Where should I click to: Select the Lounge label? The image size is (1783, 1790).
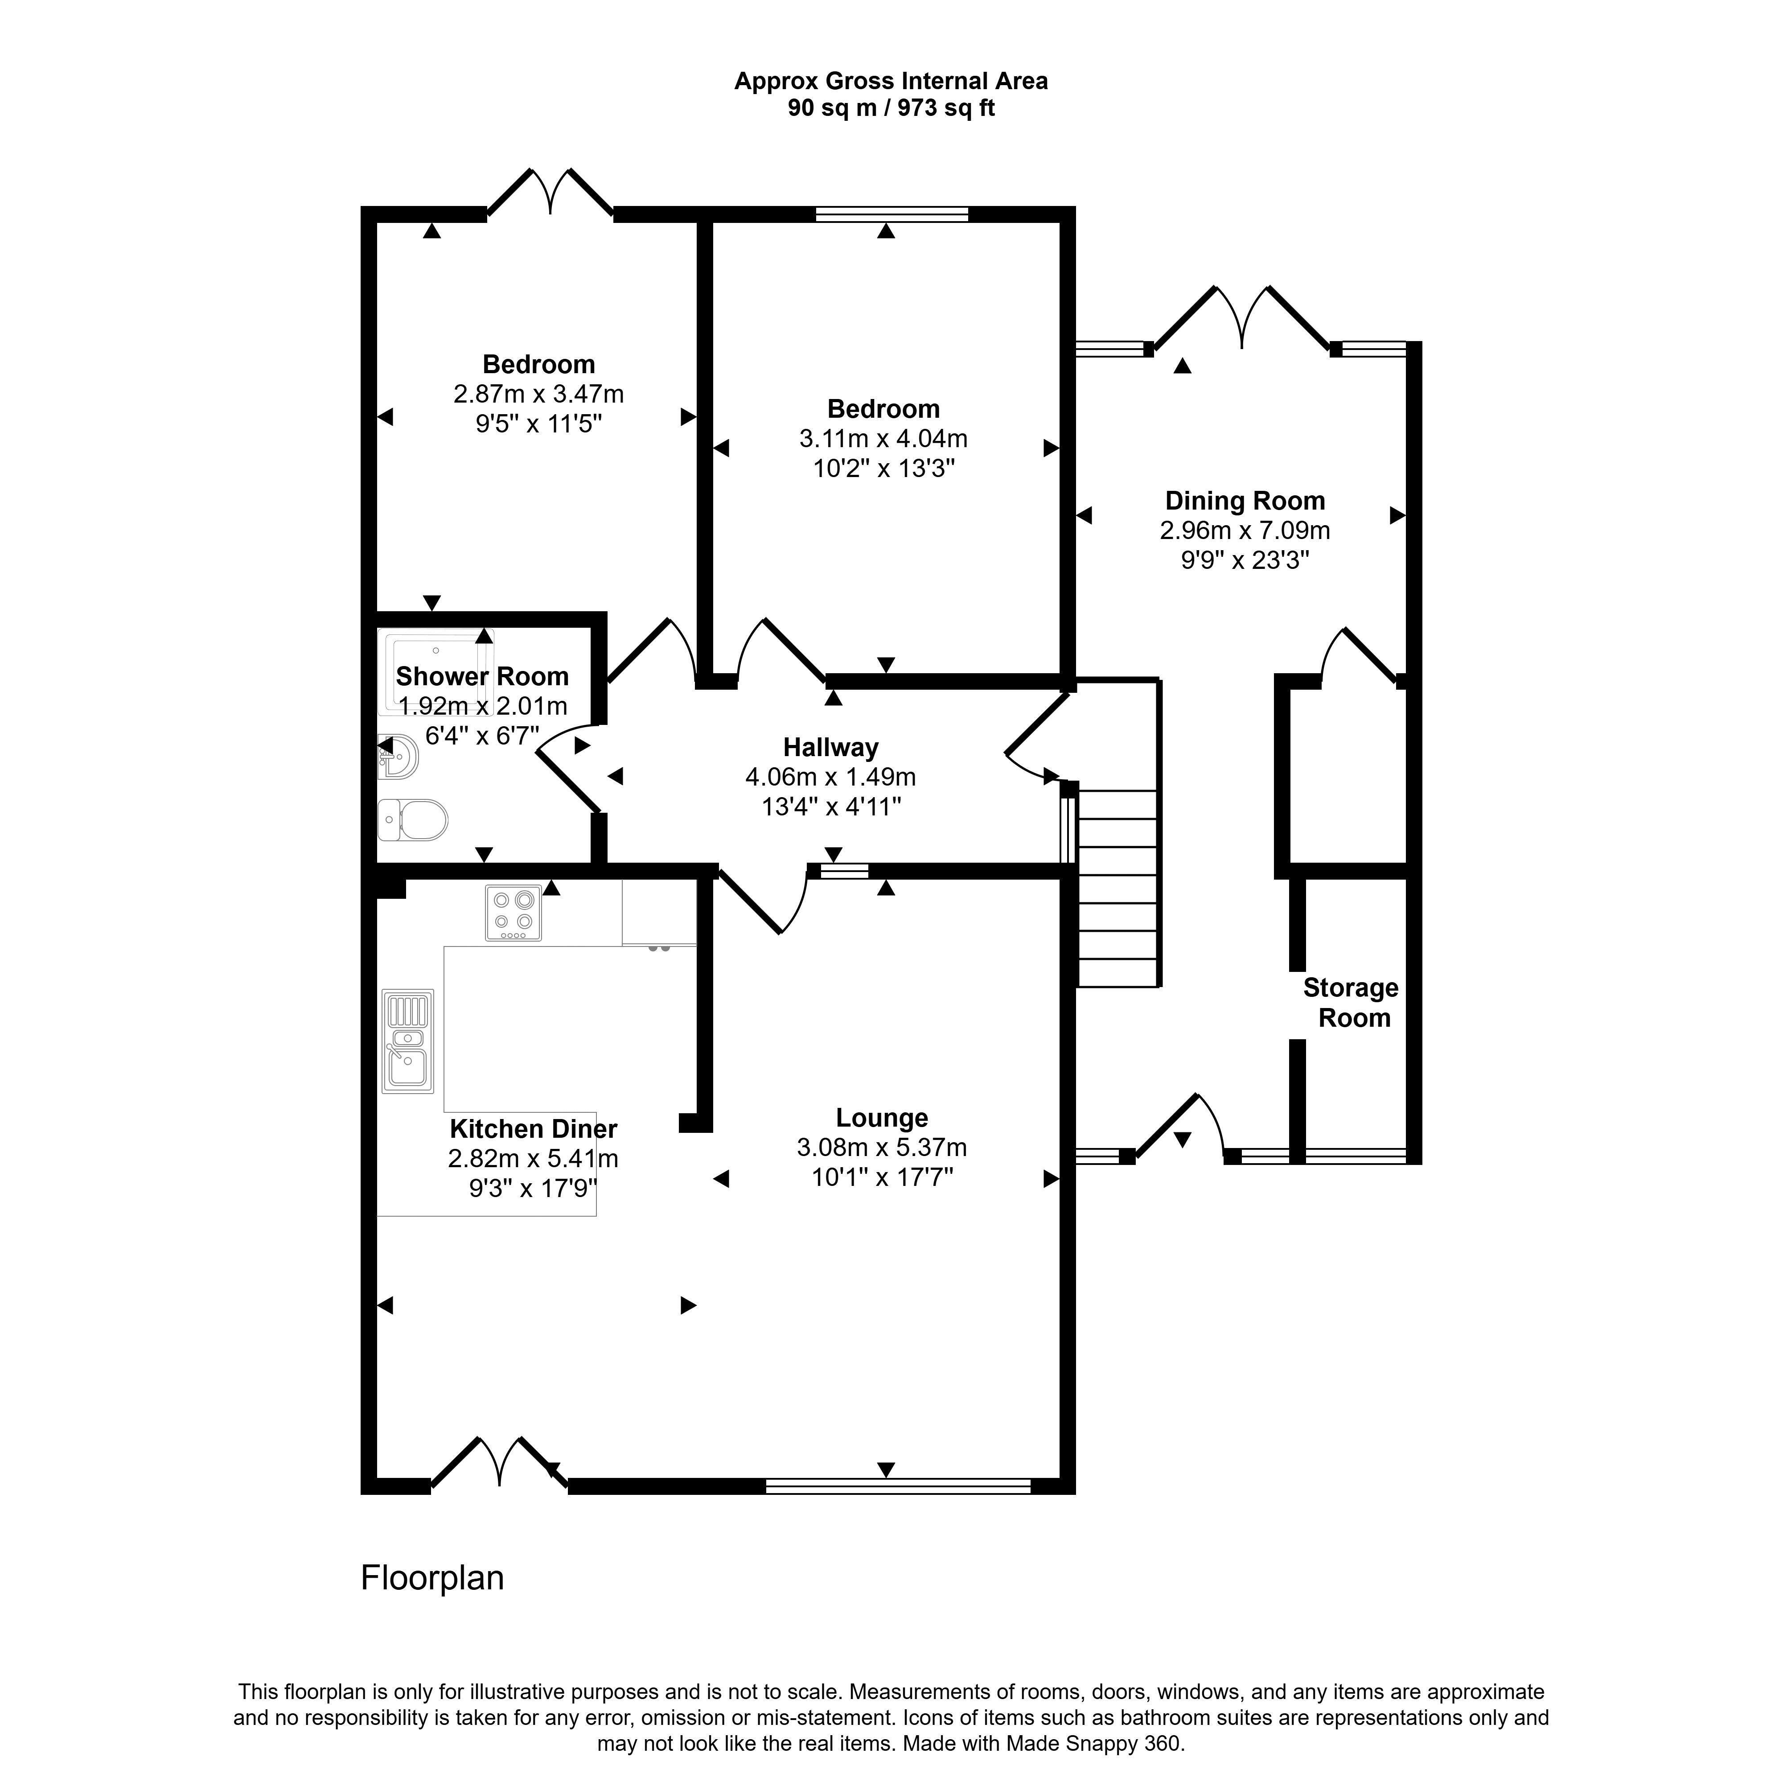coord(882,1118)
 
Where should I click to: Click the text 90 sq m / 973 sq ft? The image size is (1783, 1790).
coord(891,108)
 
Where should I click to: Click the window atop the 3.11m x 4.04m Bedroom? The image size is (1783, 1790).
coord(892,214)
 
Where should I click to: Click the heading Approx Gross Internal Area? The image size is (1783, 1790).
coord(891,82)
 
